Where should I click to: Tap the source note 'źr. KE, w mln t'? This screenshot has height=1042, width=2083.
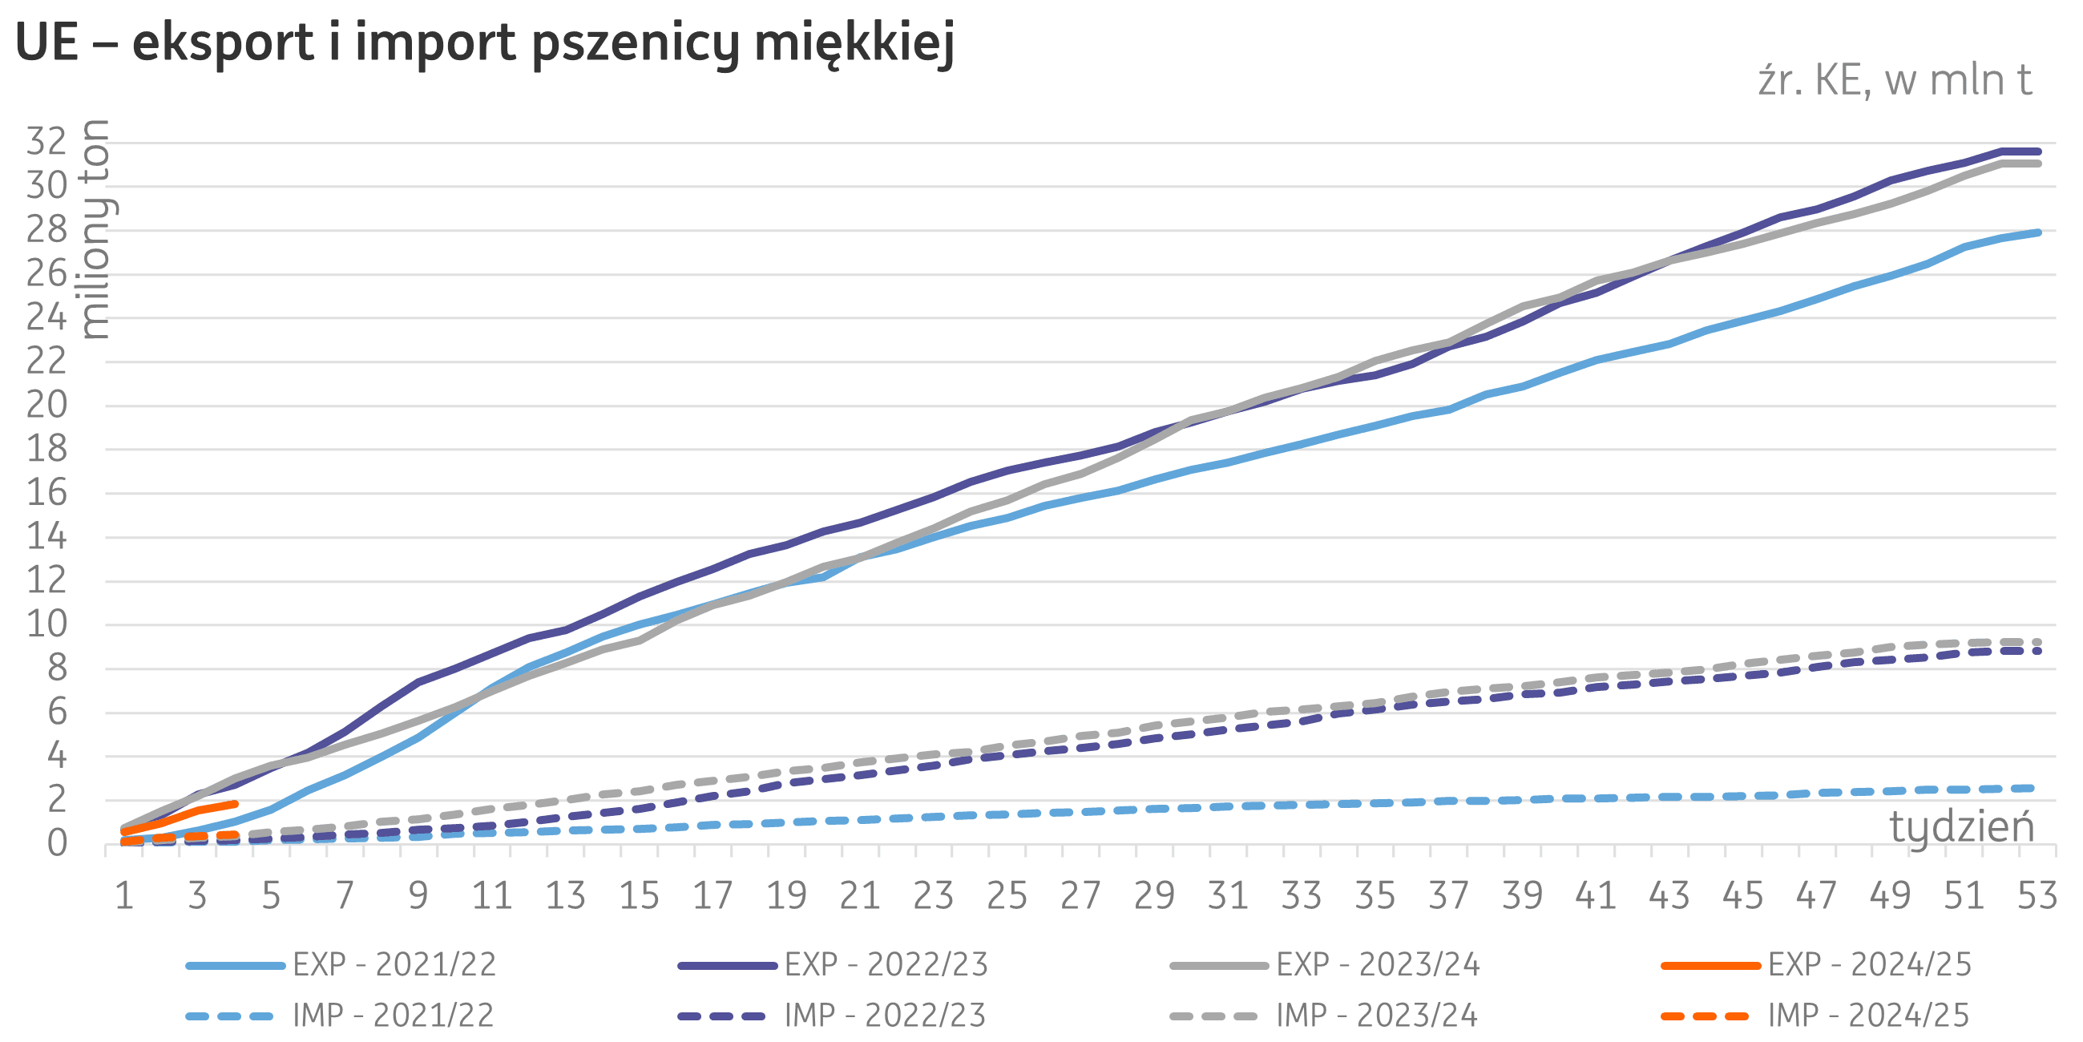click(1895, 82)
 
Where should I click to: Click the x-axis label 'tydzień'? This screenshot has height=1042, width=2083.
click(1961, 826)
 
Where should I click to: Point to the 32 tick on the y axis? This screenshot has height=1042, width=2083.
click(46, 142)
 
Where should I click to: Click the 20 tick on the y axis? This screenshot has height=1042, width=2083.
click(46, 405)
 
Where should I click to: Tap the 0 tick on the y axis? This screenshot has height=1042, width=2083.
click(57, 844)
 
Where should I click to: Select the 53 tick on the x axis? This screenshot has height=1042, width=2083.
click(2037, 895)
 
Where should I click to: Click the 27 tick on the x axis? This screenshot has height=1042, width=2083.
click(1080, 895)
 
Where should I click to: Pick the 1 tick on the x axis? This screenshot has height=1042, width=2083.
click(123, 895)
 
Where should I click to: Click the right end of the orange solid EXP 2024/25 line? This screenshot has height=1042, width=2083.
click(235, 804)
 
